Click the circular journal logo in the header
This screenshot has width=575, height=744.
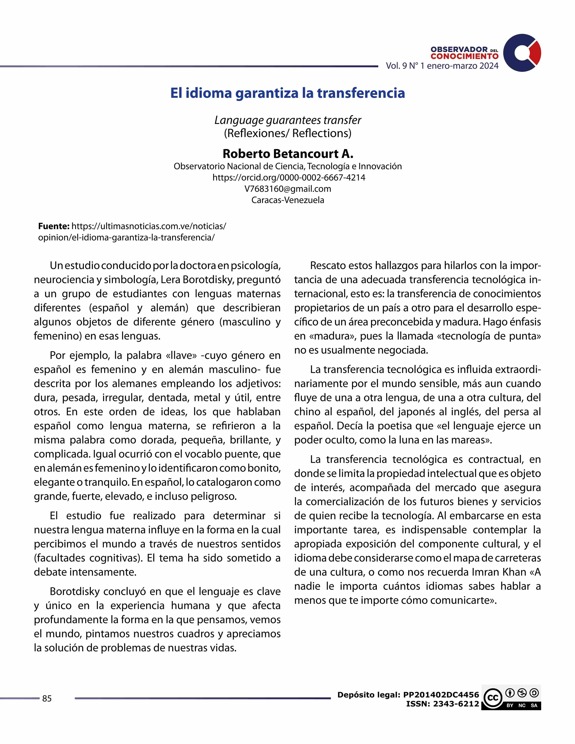pos(522,53)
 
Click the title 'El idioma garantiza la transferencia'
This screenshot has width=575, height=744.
pos(287,93)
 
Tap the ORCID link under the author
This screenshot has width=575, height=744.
pos(289,178)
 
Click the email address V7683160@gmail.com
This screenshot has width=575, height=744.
pos(287,189)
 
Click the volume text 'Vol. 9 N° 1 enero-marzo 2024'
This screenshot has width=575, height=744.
pos(442,66)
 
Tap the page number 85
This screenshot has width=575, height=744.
pos(47,698)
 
